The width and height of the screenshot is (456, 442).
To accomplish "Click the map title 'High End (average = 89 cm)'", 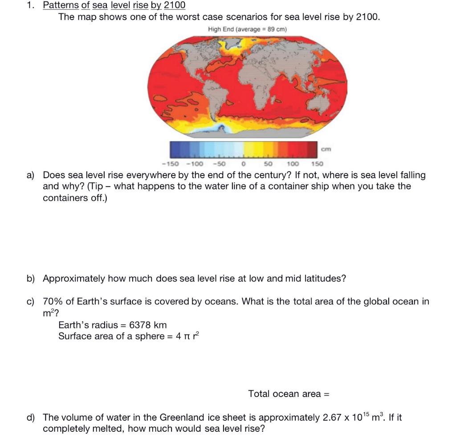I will [247, 29].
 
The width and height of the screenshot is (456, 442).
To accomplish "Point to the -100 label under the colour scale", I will [195, 164].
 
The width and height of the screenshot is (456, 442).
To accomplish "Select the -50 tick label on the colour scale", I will [220, 164].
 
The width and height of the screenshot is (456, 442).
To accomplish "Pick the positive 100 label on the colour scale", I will [293, 164].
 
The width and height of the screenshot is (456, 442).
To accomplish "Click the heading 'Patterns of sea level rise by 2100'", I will [114, 5].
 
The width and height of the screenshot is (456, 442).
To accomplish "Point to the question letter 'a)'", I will [31, 175].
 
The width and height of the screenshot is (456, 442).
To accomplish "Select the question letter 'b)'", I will [31, 278].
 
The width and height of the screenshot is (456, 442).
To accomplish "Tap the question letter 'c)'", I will [31, 302].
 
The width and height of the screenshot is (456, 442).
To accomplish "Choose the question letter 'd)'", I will [31, 417].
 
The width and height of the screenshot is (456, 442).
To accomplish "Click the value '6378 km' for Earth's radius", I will [148, 325].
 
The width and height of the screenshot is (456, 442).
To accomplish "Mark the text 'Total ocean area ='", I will [289, 394].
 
